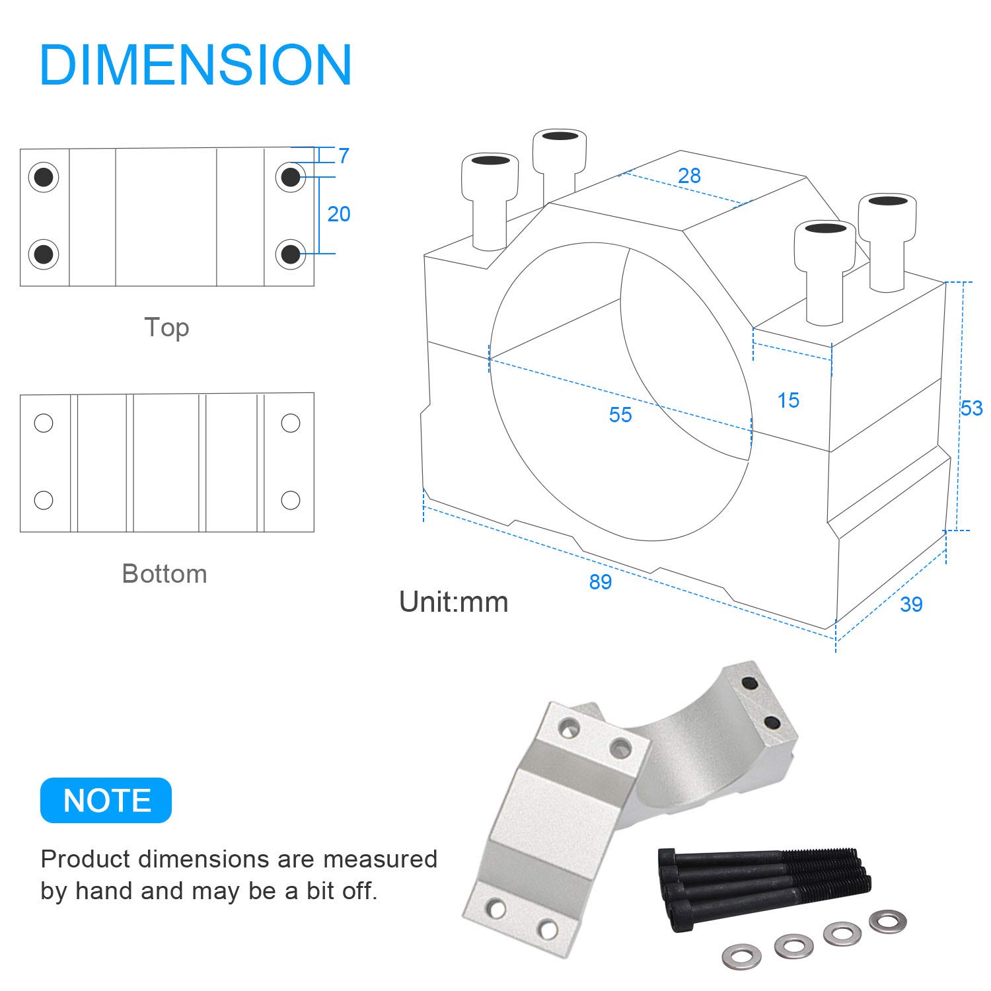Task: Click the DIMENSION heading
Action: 196,65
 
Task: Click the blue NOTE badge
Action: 106,800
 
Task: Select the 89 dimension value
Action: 601,581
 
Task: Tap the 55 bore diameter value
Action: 620,415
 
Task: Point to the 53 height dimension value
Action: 971,408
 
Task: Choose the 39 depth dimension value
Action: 911,605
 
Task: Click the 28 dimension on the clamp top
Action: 689,175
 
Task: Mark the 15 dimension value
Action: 788,400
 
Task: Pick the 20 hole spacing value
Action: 339,213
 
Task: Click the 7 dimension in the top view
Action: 344,156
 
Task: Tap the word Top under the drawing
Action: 166,328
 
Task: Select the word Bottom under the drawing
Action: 165,573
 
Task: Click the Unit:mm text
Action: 454,602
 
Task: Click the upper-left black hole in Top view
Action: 44,177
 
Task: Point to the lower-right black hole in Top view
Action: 290,254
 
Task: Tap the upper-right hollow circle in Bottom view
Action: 290,423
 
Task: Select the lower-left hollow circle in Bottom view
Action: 44,499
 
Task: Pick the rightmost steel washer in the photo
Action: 888,921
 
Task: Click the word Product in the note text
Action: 86,859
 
